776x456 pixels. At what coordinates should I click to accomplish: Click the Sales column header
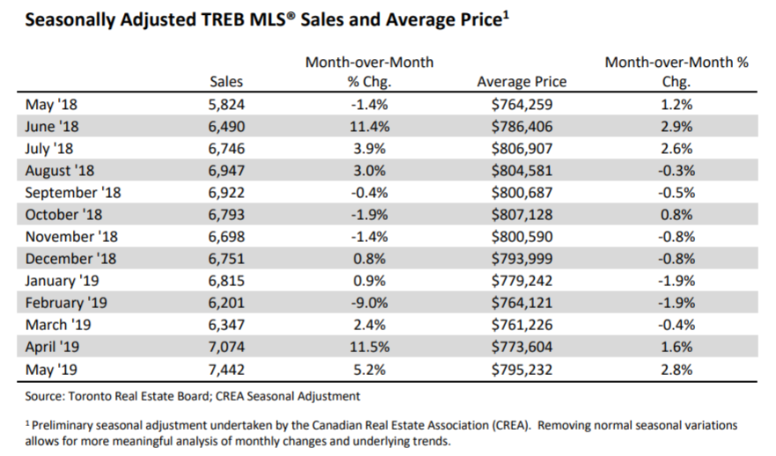[x=226, y=82]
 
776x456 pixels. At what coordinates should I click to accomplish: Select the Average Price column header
[x=522, y=82]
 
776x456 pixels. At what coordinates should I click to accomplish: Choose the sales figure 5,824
[x=226, y=103]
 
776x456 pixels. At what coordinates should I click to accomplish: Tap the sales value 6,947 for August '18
[x=226, y=169]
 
